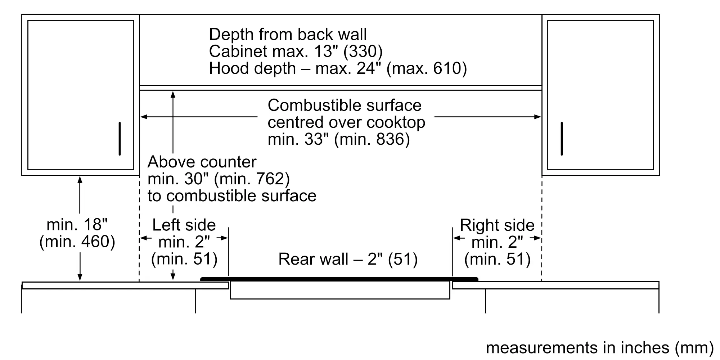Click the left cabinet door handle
pos(120,139)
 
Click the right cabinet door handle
pos(562,139)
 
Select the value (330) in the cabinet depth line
pos(363,51)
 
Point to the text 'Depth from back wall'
pos(288,35)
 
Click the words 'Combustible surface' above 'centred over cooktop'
pos(345,105)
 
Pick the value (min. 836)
pos(372,139)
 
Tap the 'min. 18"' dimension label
pos(77,225)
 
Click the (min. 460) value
pos(77,242)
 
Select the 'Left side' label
pos(184,225)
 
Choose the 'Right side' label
pos(497,225)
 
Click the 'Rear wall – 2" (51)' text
pos(348,259)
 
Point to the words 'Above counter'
pos(202,162)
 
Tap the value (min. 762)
pos(252,179)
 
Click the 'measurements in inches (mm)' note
pos(599,348)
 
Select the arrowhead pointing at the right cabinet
pos(538,117)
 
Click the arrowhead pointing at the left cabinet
pos(143,117)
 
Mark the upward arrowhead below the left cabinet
pos(80,179)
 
